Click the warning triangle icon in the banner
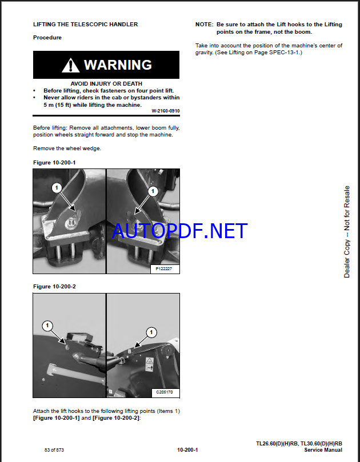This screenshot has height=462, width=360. point(70,65)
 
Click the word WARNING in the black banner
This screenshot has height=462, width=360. point(118,65)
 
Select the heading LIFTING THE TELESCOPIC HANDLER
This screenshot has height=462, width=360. point(86,25)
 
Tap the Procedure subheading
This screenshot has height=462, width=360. point(47,38)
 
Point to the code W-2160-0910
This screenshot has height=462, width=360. point(166,111)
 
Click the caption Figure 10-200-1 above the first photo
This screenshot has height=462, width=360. point(54,163)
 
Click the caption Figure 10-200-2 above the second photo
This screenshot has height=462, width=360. point(54,286)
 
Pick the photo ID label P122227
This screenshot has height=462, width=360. point(163,269)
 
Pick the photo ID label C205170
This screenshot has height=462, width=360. point(165,392)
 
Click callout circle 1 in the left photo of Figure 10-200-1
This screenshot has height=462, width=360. point(57,188)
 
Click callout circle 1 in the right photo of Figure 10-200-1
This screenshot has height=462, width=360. point(153,191)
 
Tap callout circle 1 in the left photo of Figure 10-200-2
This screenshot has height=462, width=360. point(47,326)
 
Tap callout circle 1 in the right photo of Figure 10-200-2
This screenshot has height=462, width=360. point(151,332)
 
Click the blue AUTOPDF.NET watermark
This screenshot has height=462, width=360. point(180,231)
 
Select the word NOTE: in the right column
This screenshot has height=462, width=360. point(205,25)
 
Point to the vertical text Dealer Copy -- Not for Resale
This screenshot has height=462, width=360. point(347,232)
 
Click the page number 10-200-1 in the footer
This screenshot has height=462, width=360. point(187,450)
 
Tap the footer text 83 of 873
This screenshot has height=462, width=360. point(54,450)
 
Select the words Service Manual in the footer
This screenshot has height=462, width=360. point(323,450)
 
